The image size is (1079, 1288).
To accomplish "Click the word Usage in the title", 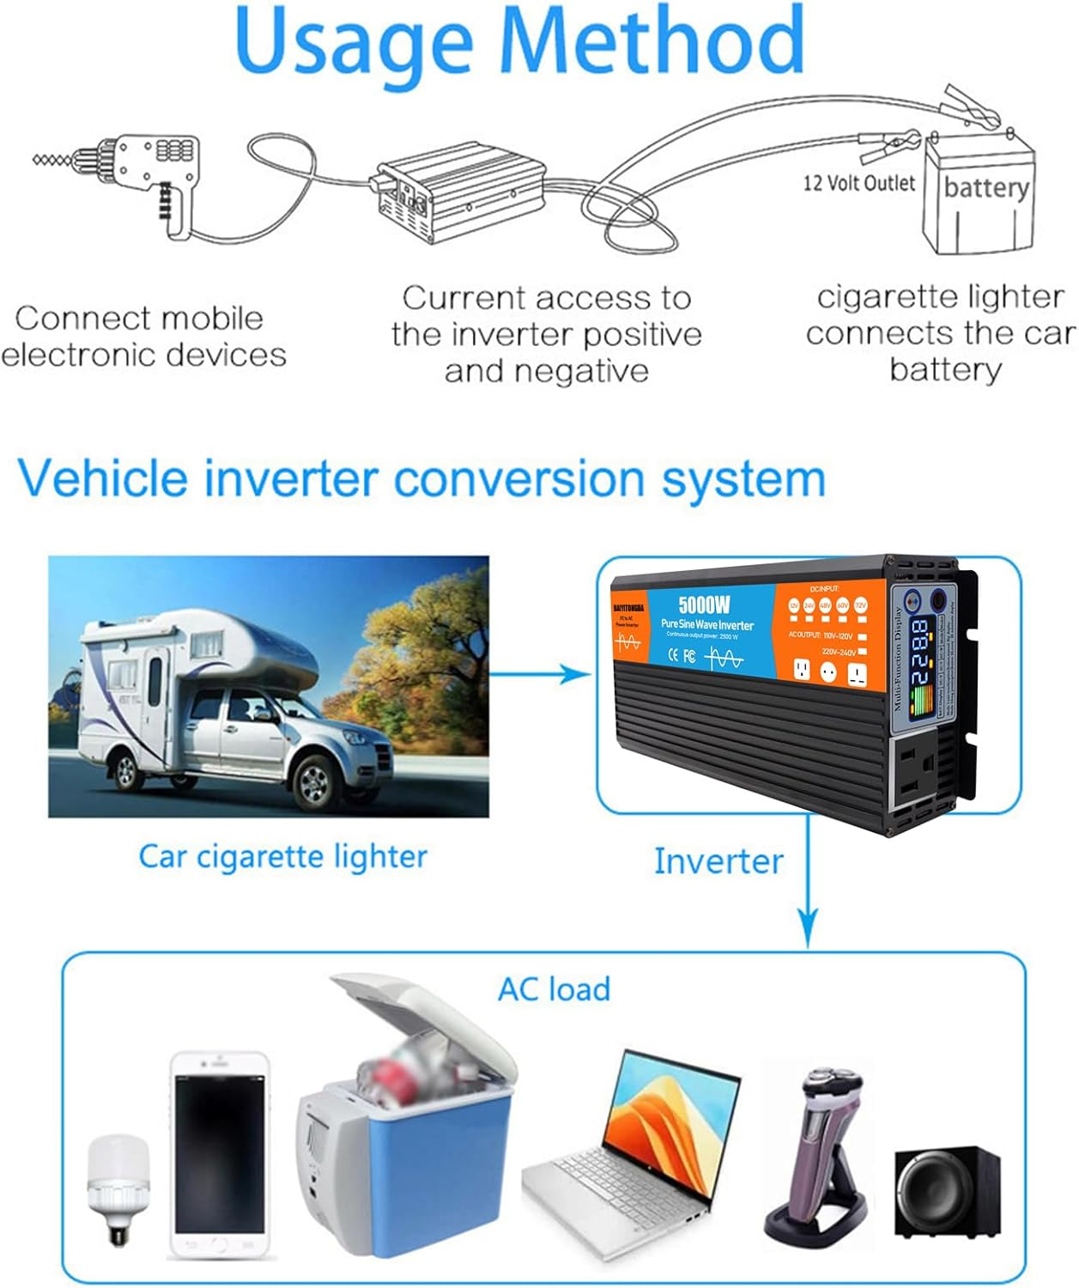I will tap(354, 41).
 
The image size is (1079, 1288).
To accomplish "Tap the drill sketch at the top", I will tap(129, 176).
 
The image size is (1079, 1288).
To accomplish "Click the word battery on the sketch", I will tap(985, 186).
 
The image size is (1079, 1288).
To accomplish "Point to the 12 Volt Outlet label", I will tap(858, 183).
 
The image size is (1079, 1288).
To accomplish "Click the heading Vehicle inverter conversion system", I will tap(421, 478).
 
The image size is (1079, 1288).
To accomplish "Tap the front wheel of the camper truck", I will tap(315, 780).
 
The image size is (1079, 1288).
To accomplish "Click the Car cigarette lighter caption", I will tap(282, 856).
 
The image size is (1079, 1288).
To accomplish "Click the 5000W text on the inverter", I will tap(703, 605).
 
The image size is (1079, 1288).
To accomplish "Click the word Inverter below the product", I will tap(718, 861).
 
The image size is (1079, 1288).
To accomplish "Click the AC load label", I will tap(555, 989).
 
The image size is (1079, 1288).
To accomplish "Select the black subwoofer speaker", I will tap(946, 1194).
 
